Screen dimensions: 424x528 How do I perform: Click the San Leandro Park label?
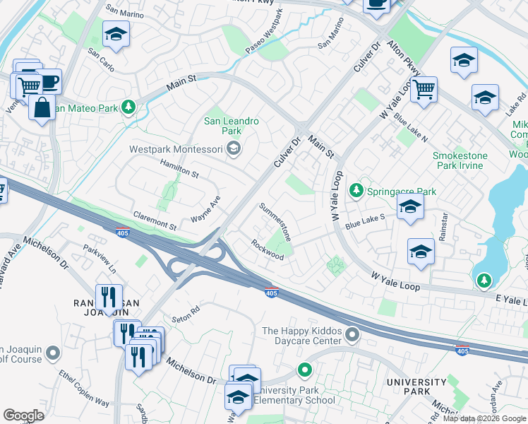pos(232,126)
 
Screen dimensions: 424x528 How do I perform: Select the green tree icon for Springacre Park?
pos(357,191)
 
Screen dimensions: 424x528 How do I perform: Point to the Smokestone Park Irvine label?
pos(458,160)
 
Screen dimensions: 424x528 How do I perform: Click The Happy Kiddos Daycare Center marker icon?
pos(352,333)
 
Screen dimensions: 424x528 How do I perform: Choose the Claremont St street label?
pos(155,220)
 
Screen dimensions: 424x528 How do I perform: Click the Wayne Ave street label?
pos(205,210)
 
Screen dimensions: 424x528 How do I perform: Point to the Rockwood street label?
pos(267,249)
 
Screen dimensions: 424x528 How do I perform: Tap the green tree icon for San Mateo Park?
pos(128,107)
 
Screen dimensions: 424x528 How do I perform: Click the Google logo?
pos(23,416)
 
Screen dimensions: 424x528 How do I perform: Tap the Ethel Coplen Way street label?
pos(84,388)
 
